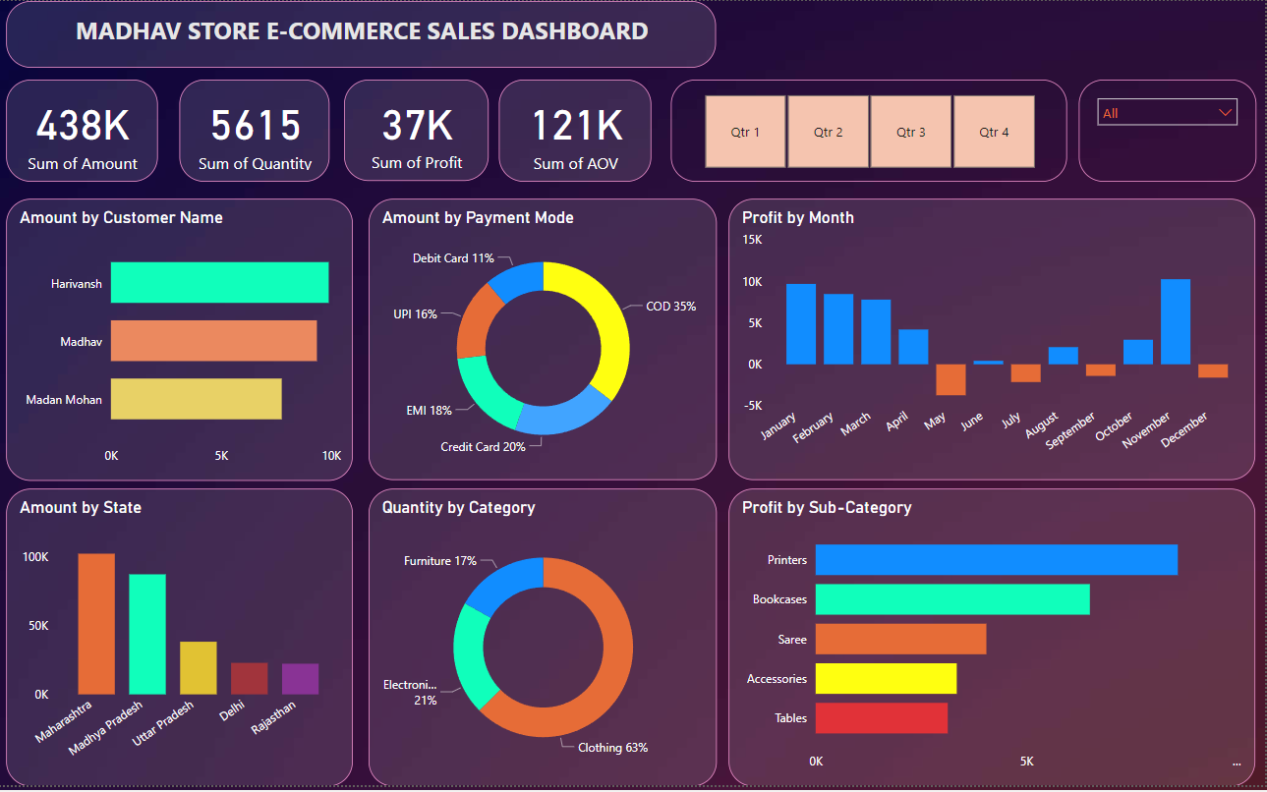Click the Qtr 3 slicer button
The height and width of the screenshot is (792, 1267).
click(910, 132)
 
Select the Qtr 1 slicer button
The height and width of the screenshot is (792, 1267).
click(745, 132)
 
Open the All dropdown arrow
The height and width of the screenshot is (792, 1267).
click(1225, 113)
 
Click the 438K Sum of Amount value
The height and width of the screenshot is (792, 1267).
click(83, 126)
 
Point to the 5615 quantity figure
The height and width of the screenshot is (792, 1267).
click(256, 126)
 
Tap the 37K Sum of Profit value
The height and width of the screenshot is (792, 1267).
click(417, 126)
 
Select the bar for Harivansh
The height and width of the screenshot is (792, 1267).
click(219, 283)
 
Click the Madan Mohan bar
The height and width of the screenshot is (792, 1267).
click(196, 399)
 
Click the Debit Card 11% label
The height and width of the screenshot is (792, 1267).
click(453, 258)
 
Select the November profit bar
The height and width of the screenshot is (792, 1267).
click(1176, 322)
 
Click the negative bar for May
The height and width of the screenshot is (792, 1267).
click(950, 379)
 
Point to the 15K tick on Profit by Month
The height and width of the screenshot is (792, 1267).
click(752, 240)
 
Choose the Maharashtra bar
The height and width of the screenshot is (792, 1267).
click(96, 624)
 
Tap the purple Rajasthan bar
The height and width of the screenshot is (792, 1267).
click(300, 679)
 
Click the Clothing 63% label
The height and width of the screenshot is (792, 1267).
click(612, 748)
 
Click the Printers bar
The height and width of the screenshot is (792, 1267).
click(996, 560)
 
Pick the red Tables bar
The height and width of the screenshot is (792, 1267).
click(881, 718)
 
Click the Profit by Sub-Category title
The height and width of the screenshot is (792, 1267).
click(827, 508)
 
